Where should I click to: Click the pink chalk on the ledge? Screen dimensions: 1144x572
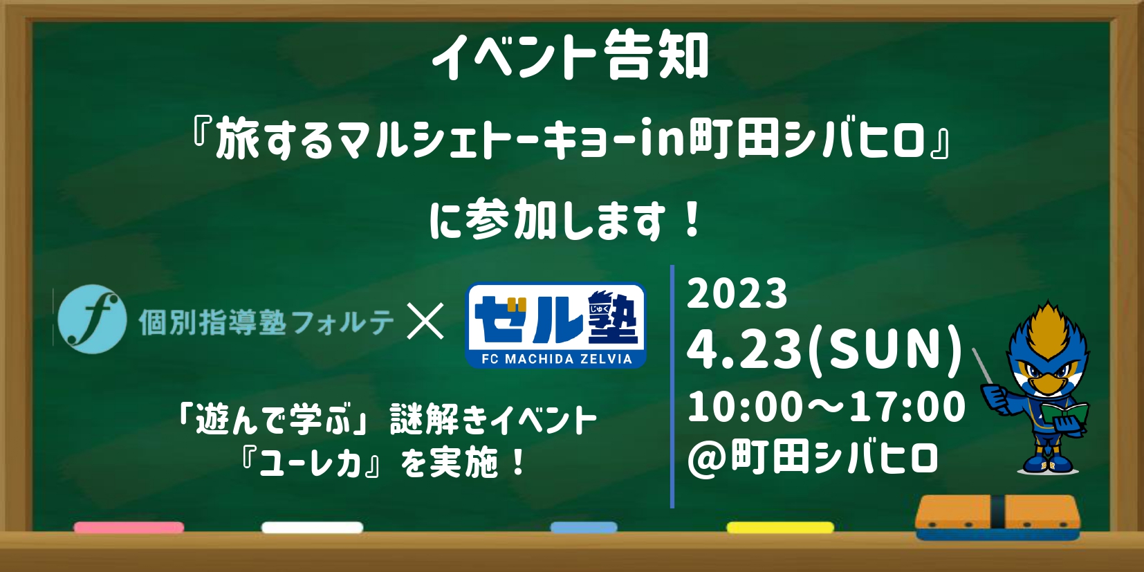coord(129,528)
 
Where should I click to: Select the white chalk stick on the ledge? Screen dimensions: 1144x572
coord(312,528)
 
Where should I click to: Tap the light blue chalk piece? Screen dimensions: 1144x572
coord(584,528)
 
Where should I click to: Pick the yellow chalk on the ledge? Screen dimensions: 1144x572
coord(780,528)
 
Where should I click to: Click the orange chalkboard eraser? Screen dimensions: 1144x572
coord(997,517)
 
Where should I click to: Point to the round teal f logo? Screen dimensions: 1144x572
coord(92,319)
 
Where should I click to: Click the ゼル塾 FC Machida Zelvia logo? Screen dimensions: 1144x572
coord(555,325)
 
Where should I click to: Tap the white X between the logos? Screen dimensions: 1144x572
coord(425,321)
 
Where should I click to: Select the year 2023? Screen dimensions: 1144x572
coord(737,294)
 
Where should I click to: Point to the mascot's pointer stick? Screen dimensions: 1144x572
coord(982,366)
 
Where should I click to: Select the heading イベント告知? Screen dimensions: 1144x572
coord(571,56)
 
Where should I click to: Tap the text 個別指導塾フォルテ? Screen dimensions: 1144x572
coord(266,323)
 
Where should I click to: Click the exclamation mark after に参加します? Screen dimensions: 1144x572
coord(694,220)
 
